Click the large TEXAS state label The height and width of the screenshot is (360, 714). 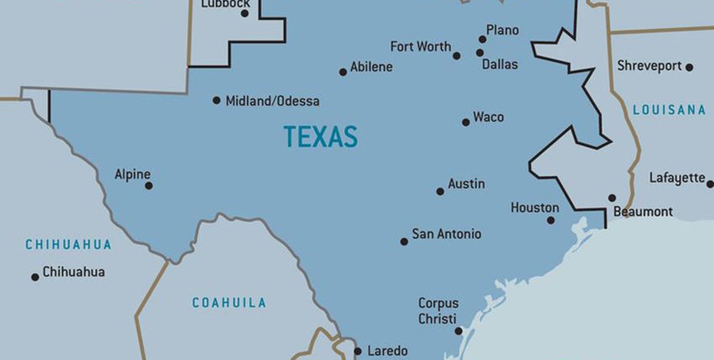(320, 137)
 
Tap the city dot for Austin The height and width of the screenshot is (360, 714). (441, 191)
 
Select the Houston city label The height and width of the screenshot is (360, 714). (535, 208)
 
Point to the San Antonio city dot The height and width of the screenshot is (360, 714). (404, 241)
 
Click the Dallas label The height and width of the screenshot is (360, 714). (499, 65)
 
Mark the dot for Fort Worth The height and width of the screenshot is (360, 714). (457, 56)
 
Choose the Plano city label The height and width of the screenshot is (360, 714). (502, 31)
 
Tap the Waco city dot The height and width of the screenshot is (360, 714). (466, 122)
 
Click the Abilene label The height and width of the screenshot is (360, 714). (372, 67)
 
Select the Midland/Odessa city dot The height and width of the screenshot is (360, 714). (217, 100)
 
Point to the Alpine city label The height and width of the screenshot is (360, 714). (133, 175)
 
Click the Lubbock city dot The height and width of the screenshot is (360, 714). (245, 13)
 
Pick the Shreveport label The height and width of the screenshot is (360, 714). (650, 66)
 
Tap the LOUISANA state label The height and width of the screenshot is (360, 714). (669, 110)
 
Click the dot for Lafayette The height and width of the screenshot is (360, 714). (709, 184)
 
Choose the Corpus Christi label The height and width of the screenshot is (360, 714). (437, 311)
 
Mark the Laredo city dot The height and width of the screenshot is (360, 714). (358, 352)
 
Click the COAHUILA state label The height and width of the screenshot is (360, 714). (229, 303)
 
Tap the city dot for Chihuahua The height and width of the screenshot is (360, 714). (35, 277)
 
